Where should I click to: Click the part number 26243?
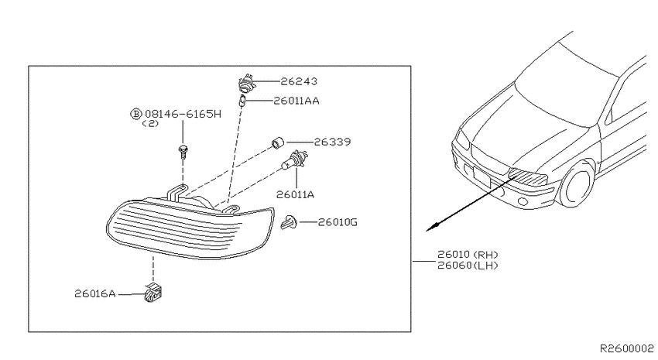tap(299, 81)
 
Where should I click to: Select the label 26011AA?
tap(296, 101)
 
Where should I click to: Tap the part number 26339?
tap(332, 142)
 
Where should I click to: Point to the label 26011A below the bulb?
tap(295, 194)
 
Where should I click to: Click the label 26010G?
tap(338, 222)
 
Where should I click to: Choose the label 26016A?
tap(95, 293)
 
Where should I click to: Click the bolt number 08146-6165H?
tap(183, 114)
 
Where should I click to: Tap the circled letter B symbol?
tap(136, 114)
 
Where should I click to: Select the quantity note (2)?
tap(150, 124)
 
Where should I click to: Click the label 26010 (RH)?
tap(468, 254)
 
